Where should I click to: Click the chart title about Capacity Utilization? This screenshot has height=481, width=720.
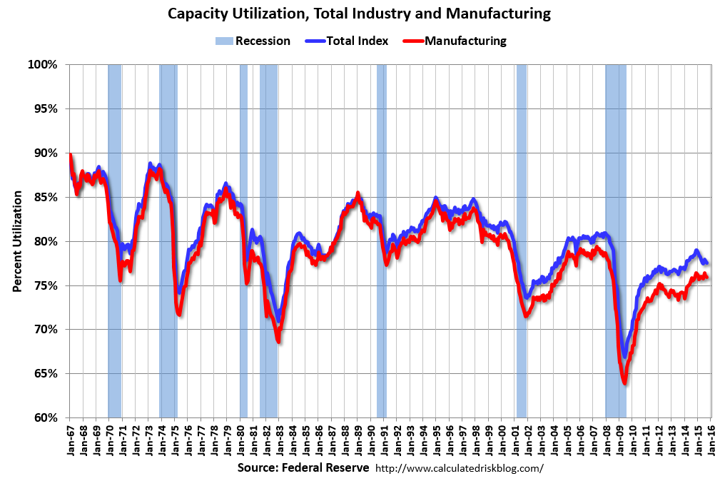pos(359,14)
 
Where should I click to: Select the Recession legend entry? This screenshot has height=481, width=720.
pos(253,41)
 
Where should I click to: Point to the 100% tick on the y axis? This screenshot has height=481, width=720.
pos(42,65)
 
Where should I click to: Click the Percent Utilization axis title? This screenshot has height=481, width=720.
pos(16,241)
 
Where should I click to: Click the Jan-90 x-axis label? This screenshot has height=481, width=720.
pos(372,440)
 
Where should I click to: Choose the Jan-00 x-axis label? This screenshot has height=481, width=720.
pos(503,440)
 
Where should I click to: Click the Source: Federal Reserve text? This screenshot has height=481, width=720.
pos(303,468)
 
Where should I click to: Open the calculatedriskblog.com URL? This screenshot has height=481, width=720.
pos(459,468)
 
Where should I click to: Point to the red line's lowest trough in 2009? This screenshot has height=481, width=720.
pos(625,383)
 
